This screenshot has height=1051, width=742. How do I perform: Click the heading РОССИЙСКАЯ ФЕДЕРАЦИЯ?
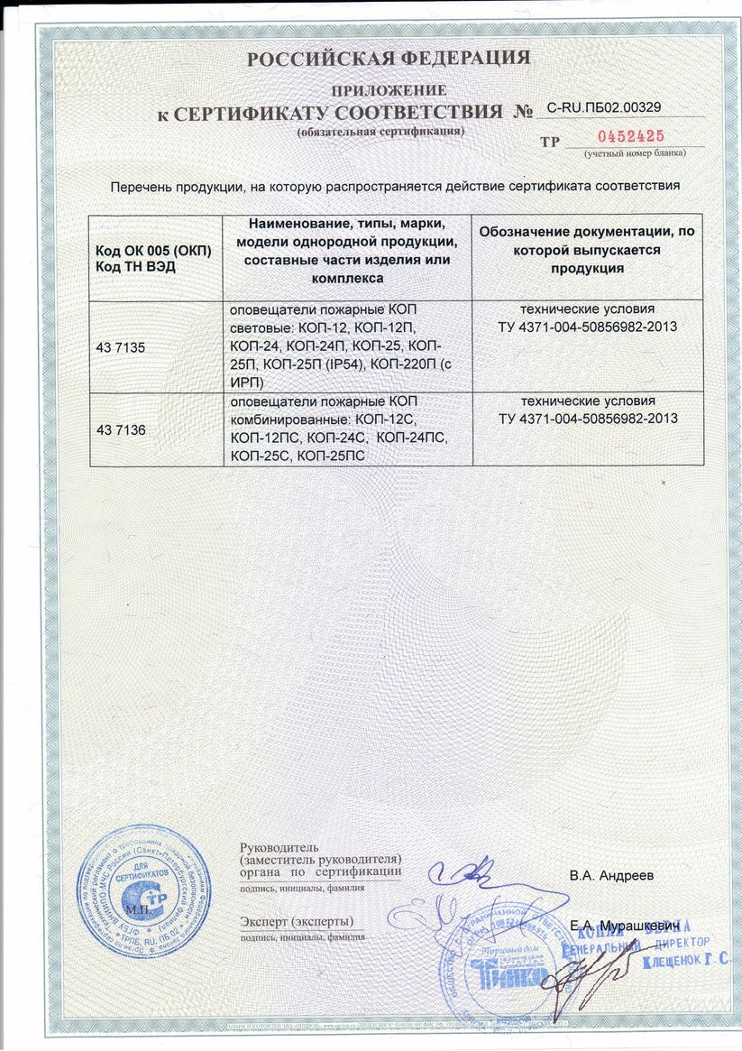point(389,60)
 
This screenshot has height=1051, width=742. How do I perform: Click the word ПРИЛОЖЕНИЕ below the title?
point(389,90)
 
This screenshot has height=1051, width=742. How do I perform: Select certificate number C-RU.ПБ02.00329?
point(604,107)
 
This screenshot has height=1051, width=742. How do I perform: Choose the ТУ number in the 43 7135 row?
point(587,326)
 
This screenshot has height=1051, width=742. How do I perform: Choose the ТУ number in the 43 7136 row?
point(587,419)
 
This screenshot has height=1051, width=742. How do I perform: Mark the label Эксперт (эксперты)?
point(297,921)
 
